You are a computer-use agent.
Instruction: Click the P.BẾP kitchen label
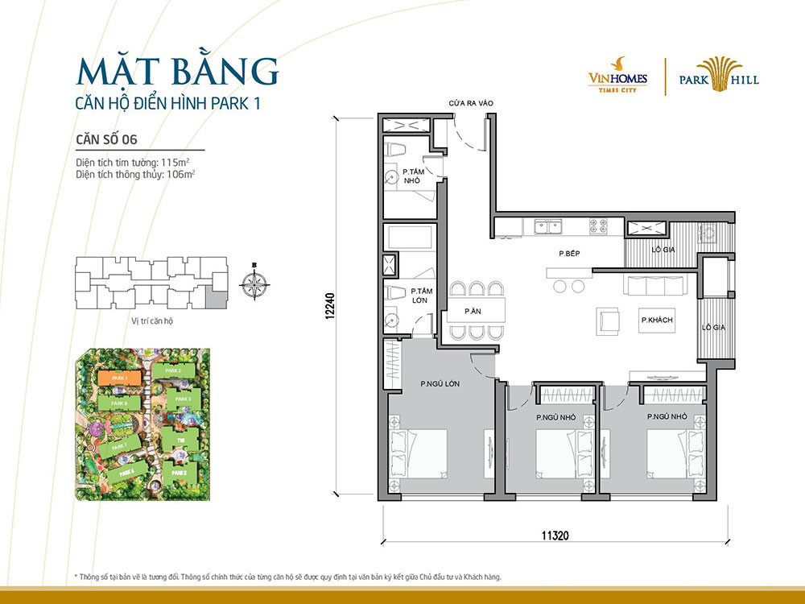570,254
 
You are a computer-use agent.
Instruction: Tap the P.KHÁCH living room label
657,321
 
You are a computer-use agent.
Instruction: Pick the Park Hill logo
717,75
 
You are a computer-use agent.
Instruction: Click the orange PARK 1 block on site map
118,377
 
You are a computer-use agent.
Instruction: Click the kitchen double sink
550,227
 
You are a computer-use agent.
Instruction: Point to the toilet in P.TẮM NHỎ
396,151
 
